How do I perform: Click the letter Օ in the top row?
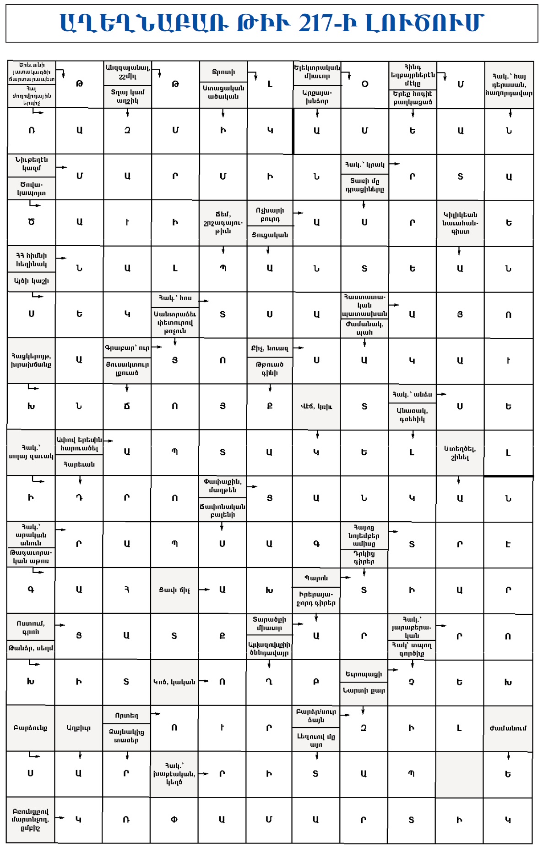pyautogui.click(x=365, y=84)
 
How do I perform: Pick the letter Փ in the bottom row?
pyautogui.click(x=174, y=820)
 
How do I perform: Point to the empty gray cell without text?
pyautogui.click(x=459, y=774)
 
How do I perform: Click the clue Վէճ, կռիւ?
pyautogui.click(x=316, y=406)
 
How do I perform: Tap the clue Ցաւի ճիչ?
pyautogui.click(x=174, y=590)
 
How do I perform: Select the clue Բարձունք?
pyautogui.click(x=30, y=728)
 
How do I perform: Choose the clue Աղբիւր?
pyautogui.click(x=78, y=728)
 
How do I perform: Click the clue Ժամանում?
pyautogui.click(x=508, y=728)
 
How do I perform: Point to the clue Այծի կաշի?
pyautogui.click(x=31, y=281)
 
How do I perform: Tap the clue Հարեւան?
pyautogui.click(x=79, y=464)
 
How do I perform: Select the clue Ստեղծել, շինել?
pyautogui.click(x=460, y=453)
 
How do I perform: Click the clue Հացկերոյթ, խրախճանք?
pyautogui.click(x=31, y=360)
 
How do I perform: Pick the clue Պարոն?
pyautogui.click(x=316, y=578)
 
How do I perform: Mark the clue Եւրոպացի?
pyautogui.click(x=364, y=674)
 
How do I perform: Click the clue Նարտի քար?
pyautogui.click(x=364, y=690)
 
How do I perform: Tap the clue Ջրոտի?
pyautogui.click(x=223, y=72)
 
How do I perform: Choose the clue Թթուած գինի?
pyautogui.click(x=270, y=369)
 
